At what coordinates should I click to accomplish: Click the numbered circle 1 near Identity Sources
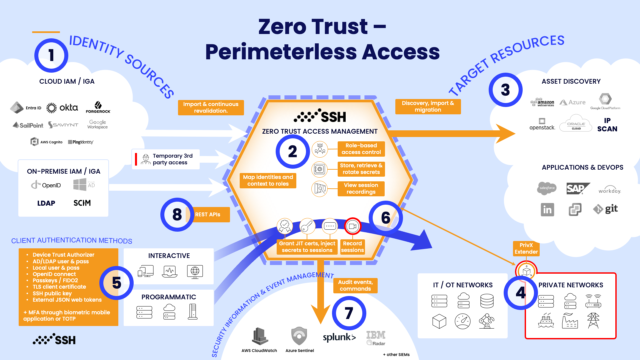[51, 55]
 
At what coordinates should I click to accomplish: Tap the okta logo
[62, 108]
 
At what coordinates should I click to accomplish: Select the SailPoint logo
[28, 125]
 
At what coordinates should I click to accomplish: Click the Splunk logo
[339, 337]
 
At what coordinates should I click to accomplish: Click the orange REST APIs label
[208, 215]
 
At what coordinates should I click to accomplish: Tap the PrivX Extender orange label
[526, 249]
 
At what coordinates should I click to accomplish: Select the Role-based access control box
[361, 149]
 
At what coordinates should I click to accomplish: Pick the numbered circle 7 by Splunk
[349, 313]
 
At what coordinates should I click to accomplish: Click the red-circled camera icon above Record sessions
[352, 226]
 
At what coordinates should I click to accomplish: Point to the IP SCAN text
[607, 125]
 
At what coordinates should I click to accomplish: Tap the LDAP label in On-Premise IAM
[46, 203]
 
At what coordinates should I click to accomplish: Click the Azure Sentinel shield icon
[299, 336]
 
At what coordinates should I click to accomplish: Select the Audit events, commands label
[355, 286]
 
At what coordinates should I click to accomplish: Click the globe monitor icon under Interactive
[195, 272]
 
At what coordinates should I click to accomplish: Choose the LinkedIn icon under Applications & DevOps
[547, 210]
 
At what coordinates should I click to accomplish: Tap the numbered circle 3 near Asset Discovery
[505, 90]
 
